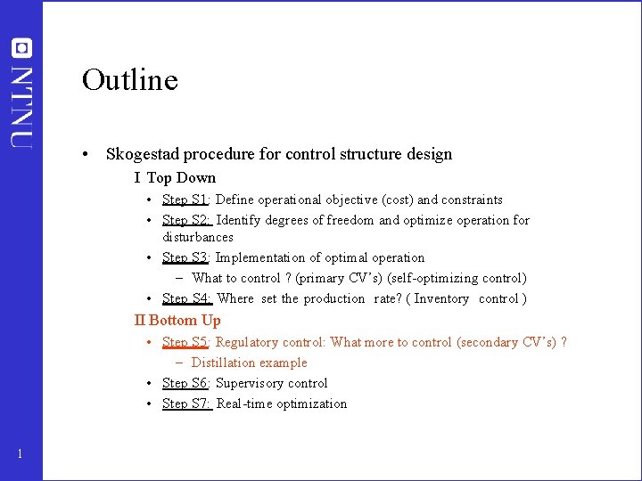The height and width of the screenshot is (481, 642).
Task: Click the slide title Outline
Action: point(130,80)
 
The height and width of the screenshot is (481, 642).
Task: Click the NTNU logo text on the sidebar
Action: point(22,105)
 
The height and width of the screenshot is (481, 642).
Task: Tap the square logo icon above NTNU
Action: point(21,48)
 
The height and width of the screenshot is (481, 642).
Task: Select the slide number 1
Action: point(20,455)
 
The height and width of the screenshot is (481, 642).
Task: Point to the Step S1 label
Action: point(185,200)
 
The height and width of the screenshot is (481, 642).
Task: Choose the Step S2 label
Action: point(186,220)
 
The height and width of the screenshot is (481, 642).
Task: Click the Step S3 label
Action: point(185,257)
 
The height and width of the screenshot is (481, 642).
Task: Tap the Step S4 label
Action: point(186,298)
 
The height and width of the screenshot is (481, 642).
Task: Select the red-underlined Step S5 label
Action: point(185,342)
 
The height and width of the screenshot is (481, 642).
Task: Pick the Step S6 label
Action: point(185,383)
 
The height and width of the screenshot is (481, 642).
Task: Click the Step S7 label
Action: point(186,404)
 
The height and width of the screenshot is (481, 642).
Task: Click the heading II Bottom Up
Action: point(177,320)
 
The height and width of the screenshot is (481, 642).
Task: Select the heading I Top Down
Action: point(175,177)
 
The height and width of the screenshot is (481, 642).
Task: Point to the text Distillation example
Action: point(249,363)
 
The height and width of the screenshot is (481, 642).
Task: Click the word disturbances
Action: point(198,237)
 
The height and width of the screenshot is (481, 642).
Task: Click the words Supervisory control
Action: point(272,383)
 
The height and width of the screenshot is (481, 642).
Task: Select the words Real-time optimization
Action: point(282,404)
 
